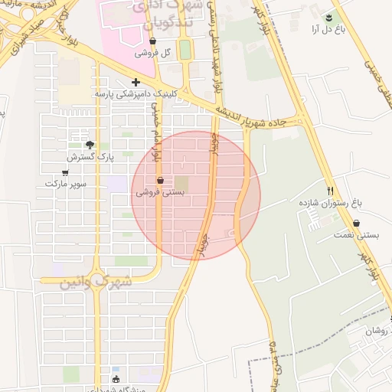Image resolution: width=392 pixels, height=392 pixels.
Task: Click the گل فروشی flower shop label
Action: (152, 54)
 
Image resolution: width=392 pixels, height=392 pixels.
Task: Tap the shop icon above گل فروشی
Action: (153, 41)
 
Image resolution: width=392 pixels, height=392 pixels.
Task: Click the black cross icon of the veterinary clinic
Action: (136, 82)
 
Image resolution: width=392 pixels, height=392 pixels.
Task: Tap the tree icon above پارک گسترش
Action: (90, 144)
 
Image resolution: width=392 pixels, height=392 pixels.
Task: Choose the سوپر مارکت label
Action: (66, 185)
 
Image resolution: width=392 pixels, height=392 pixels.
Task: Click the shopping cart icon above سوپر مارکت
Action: (65, 173)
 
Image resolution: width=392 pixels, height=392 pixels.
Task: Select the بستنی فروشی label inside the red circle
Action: (160, 193)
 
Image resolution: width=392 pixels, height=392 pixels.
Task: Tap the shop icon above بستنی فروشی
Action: (160, 181)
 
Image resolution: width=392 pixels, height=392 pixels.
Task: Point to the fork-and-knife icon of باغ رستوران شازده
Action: (331, 191)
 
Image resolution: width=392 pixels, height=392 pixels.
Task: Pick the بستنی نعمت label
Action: (354, 236)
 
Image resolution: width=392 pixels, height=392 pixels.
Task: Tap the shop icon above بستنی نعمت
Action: (356, 224)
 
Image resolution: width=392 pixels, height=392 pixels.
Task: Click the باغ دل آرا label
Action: (326, 29)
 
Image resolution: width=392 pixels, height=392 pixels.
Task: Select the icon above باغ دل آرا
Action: (328, 17)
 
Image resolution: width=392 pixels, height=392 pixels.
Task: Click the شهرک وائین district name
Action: (95, 281)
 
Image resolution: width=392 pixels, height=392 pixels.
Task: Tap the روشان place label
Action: (377, 331)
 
